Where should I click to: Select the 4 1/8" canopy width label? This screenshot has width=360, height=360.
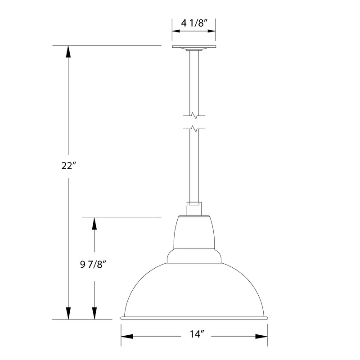[x=193, y=23]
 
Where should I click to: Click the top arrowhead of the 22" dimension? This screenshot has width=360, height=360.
[x=68, y=51]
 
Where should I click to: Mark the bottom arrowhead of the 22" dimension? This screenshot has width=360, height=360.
[x=68, y=313]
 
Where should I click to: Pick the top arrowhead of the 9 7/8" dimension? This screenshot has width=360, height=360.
[x=94, y=223]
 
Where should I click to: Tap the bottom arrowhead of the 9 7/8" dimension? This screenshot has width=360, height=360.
[x=94, y=313]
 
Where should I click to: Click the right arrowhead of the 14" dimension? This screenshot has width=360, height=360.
[x=262, y=337]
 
